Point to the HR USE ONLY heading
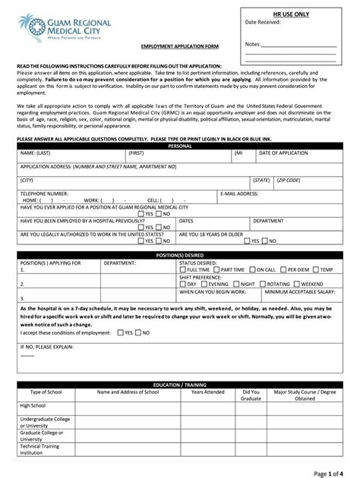tap(292, 14)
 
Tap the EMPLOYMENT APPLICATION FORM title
tap(180, 46)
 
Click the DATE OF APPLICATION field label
tap(283, 153)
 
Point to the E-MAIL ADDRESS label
tap(239, 193)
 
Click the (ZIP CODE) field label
tap(289, 181)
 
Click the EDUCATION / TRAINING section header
tap(180, 385)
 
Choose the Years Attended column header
tap(207, 392)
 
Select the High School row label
tap(33, 406)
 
